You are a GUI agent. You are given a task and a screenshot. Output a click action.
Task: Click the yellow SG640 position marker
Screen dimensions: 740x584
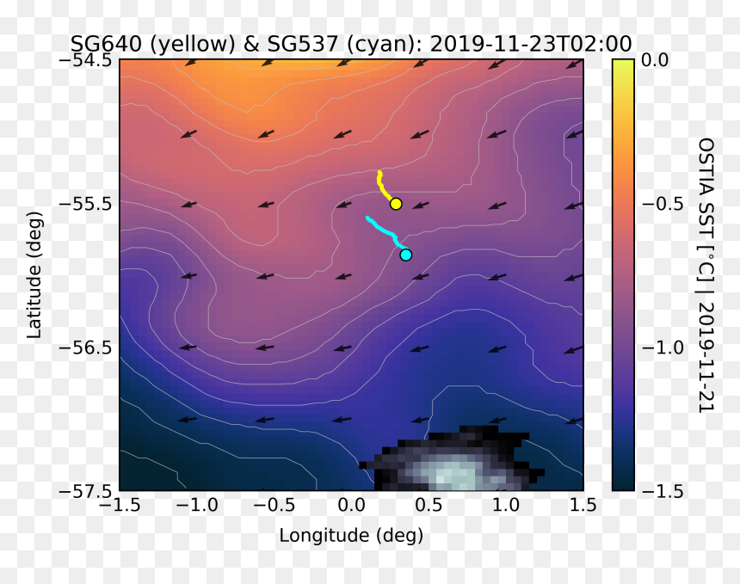pyautogui.click(x=396, y=204)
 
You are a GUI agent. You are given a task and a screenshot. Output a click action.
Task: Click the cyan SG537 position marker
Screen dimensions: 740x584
pyautogui.click(x=406, y=255)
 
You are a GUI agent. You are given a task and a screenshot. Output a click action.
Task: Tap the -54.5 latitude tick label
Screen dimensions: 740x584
pyautogui.click(x=85, y=60)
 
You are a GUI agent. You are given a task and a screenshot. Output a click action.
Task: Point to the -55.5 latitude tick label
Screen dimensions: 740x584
pyautogui.click(x=85, y=204)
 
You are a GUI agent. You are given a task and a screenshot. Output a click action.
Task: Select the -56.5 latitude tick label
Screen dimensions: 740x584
pyautogui.click(x=85, y=348)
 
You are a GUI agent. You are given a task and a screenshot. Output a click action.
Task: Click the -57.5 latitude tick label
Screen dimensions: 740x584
pyautogui.click(x=85, y=492)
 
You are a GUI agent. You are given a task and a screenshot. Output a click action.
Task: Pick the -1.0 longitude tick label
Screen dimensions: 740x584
pyautogui.click(x=197, y=505)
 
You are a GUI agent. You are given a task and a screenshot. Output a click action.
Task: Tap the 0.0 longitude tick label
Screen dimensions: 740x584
pyautogui.click(x=352, y=505)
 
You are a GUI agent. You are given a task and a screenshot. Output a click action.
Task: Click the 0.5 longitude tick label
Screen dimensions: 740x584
pyautogui.click(x=429, y=505)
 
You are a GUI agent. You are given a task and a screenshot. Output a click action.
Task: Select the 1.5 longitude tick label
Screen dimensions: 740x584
pyautogui.click(x=583, y=505)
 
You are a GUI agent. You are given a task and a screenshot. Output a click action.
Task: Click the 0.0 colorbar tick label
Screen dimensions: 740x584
pyautogui.click(x=655, y=60)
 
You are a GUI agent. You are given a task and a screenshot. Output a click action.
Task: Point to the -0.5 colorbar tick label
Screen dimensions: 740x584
pyautogui.click(x=663, y=204)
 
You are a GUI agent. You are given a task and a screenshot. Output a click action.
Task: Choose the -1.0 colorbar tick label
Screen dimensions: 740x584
pyautogui.click(x=663, y=347)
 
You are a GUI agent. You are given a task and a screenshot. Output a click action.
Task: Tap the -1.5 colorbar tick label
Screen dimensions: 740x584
pyautogui.click(x=663, y=492)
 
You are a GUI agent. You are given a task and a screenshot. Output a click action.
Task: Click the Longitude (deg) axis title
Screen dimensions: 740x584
pyautogui.click(x=351, y=536)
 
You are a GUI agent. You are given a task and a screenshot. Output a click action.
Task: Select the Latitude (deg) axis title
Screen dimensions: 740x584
pyautogui.click(x=34, y=275)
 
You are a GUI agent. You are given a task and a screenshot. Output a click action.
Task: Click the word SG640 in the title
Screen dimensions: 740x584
pyautogui.click(x=106, y=44)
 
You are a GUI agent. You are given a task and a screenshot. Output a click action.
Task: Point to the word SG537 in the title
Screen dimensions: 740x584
pyautogui.click(x=303, y=44)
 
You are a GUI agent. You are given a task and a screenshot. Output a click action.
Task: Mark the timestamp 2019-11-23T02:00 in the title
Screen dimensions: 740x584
pyautogui.click(x=531, y=44)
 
